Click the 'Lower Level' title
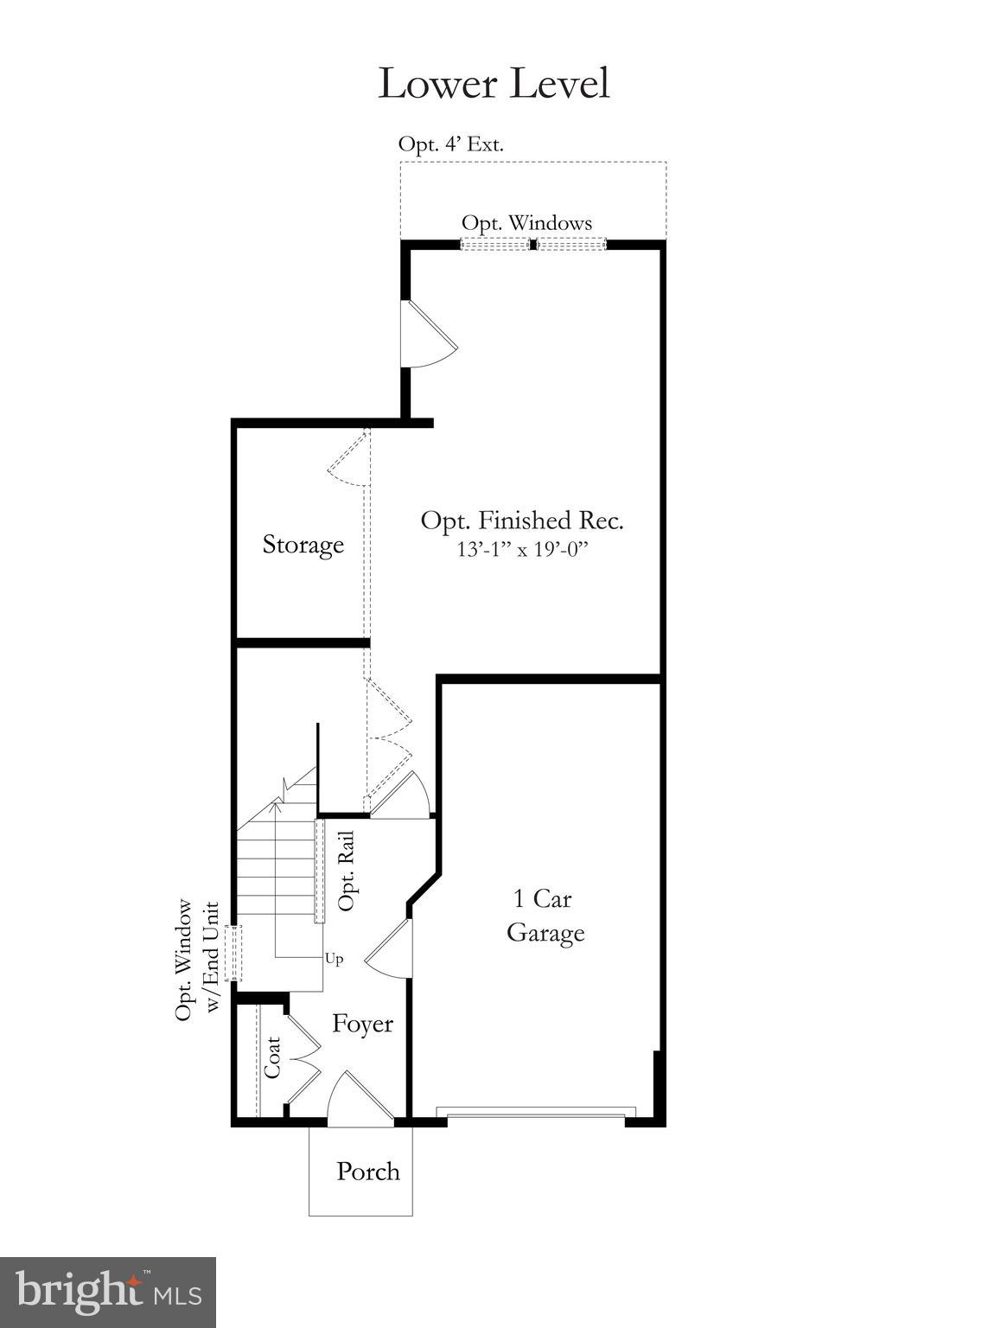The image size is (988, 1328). point(494,84)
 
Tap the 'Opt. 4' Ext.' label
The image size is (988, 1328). point(450,144)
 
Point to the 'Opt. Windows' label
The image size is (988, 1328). point(526,223)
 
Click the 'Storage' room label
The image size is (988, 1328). point(303,545)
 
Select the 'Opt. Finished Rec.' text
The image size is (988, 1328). point(522,520)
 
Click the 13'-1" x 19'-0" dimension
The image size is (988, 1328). point(522,549)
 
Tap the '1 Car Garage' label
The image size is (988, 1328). point(545,916)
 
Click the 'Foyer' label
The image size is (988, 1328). point(362,1024)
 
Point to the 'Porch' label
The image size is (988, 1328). point(367,1172)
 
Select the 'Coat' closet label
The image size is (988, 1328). point(273,1057)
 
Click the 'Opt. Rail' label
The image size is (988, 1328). point(347,871)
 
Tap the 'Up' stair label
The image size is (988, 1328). point(335,959)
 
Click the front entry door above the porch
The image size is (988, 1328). point(359,1101)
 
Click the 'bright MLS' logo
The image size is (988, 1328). point(108,1293)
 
